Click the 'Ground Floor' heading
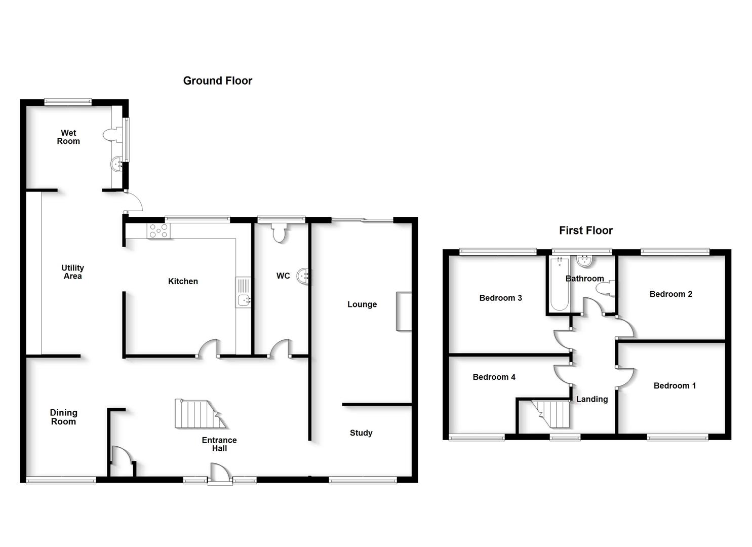coord(217,81)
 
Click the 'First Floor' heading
coord(585,230)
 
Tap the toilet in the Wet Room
coord(111,135)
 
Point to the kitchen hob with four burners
coord(159,231)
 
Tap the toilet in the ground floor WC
coord(279,233)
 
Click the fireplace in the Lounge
coord(404,311)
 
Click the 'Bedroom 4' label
coord(494,377)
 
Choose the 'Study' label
coord(361,433)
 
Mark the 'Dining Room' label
coord(63,417)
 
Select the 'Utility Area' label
coord(72,272)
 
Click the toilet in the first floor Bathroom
coord(605,289)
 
